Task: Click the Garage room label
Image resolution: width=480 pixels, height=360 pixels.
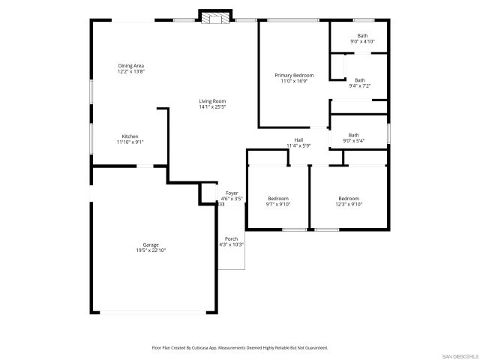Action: point(151,244)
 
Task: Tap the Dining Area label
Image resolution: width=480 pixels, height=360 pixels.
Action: point(130,66)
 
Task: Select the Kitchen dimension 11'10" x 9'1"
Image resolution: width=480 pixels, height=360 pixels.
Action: point(130,142)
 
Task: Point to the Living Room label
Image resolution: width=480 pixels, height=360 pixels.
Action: point(212,101)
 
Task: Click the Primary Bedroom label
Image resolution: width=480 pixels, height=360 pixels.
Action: point(294,75)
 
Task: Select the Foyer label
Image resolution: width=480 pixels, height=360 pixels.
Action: point(231,193)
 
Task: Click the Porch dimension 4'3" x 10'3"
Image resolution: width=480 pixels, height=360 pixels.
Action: point(231,244)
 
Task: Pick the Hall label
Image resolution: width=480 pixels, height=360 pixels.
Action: point(298,139)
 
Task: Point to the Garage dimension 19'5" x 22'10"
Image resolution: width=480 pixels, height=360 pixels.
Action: point(151,250)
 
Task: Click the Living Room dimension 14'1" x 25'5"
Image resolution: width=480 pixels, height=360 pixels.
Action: point(212,107)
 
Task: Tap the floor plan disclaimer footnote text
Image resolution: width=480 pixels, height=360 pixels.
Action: point(240,348)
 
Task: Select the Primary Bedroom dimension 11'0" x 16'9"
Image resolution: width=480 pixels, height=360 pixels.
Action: point(294,81)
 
